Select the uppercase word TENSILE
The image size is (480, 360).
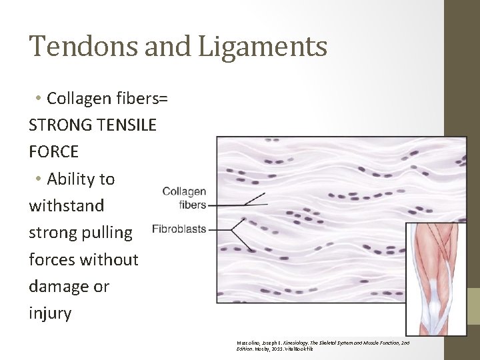click(x=124, y=125)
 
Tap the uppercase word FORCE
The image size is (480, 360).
click(x=53, y=152)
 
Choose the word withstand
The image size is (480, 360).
click(x=67, y=205)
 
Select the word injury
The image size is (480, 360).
click(x=50, y=313)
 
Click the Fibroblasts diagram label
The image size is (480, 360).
click(x=179, y=229)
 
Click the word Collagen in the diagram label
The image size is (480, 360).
click(x=184, y=192)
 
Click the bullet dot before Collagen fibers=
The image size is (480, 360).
click(x=39, y=99)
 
